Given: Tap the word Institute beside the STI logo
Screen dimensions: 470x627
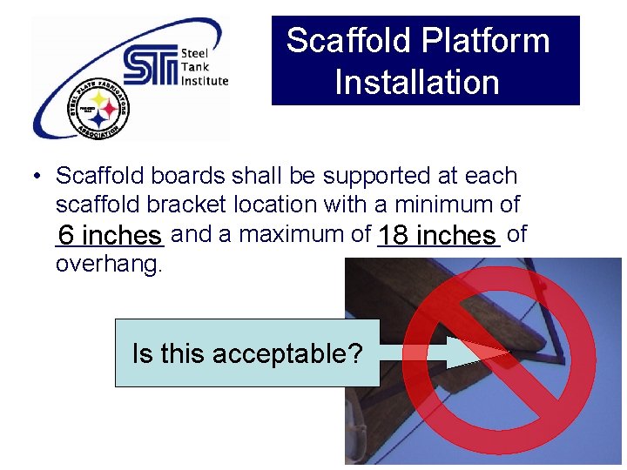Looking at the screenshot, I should click(204, 81).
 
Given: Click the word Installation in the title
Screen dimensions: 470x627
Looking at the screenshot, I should click(416, 83).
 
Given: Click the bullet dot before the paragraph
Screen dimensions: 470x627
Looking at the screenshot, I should click(37, 177).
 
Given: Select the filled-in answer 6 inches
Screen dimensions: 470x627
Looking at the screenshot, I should click(108, 236).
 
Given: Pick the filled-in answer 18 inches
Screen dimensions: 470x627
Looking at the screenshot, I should click(437, 236).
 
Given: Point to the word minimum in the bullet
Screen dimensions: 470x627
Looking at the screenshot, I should click(443, 205).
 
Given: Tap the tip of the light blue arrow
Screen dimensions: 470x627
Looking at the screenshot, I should click(508, 352).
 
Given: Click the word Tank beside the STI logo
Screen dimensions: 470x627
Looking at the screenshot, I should click(192, 67).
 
